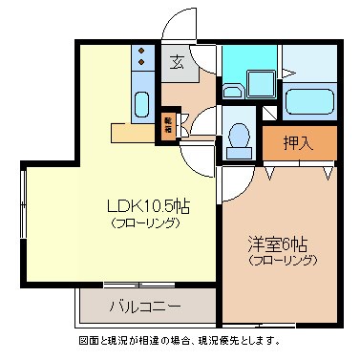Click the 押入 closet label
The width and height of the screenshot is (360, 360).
(299, 143)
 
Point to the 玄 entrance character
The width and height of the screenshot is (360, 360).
(177, 64)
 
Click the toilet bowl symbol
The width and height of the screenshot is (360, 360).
(238, 139)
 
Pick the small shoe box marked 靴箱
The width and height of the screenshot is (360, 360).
(168, 126)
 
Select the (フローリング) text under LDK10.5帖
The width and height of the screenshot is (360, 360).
(143, 223)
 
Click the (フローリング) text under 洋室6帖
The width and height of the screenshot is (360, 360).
(282, 259)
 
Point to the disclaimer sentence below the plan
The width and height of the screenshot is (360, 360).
(180, 341)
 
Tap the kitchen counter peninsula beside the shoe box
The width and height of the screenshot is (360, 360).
(134, 131)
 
